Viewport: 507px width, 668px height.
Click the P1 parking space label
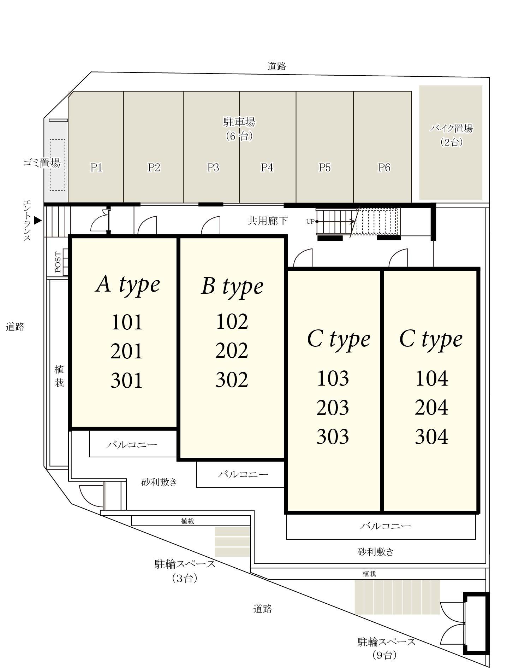[x=96, y=167]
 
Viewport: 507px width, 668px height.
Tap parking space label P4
[x=267, y=167]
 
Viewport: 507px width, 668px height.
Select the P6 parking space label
[x=384, y=167]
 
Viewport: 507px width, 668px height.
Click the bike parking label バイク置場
[x=451, y=128]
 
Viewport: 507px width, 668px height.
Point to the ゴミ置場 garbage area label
[x=42, y=163]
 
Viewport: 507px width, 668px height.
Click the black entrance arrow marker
[x=38, y=221]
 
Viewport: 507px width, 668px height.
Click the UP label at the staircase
[x=310, y=222]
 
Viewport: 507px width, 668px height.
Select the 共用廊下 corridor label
[x=267, y=221]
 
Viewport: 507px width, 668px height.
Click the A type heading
[x=127, y=285]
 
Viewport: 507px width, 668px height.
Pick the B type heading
[x=232, y=286]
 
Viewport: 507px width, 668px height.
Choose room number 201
[x=126, y=351]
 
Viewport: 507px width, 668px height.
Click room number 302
[x=232, y=380]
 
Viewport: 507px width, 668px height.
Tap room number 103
[x=333, y=378]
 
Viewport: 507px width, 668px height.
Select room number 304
[x=431, y=436]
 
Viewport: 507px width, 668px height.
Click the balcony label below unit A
[x=132, y=444]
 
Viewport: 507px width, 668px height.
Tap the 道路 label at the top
[x=276, y=66]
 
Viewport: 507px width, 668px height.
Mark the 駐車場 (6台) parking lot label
[x=239, y=129]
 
